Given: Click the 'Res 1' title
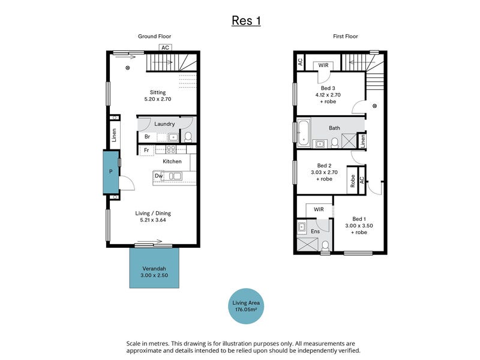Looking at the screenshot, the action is pos(246,21).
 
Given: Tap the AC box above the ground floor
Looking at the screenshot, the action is pos(166,47).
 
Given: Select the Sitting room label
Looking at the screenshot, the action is pos(158,92).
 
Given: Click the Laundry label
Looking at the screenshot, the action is pos(164,124).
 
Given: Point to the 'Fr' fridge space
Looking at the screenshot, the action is pos(146,150).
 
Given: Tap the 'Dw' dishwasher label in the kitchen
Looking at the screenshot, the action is pos(158,176).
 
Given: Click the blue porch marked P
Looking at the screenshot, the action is pos(111,172).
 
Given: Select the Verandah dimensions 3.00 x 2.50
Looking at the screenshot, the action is pos(154,275).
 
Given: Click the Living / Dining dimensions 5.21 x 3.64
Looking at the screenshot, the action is pos(153,220).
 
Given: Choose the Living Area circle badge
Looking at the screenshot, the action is pos(246,306).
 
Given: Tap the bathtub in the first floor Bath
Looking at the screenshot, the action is pos(304,133).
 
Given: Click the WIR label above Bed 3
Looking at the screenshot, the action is pos(323,65).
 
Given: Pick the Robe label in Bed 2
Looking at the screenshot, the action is pos(353,181).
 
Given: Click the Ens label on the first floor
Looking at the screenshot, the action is pos(316,232).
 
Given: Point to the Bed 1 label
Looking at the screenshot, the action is pos(359,219).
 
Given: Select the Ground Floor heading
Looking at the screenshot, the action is pos(154,36).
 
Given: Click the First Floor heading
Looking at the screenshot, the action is pos(346,36).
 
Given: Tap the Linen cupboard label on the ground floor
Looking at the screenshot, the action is pos(114,135).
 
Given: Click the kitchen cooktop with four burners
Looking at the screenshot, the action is pos(171,149).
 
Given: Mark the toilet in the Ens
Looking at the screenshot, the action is pos(325,245).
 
